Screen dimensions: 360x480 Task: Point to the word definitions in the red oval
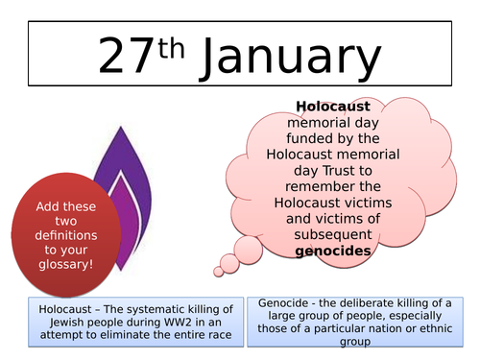[69, 223]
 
